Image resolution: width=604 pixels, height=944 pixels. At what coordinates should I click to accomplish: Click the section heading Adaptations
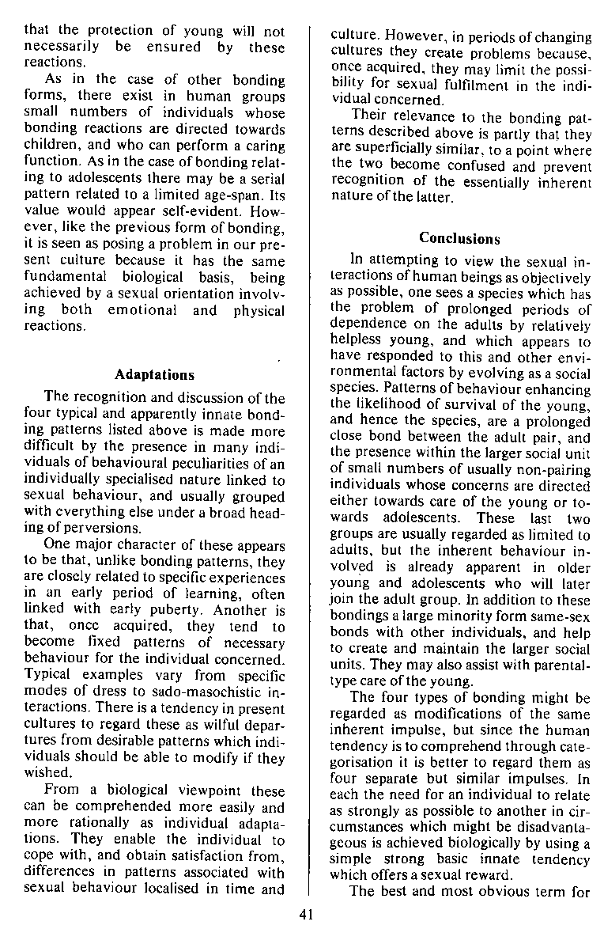coord(155,374)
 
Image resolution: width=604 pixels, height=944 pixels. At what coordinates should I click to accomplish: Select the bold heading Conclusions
coord(459,237)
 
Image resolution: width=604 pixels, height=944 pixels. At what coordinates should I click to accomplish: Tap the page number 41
coord(308,915)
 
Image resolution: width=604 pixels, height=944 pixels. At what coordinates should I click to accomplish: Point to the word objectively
coord(553,279)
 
